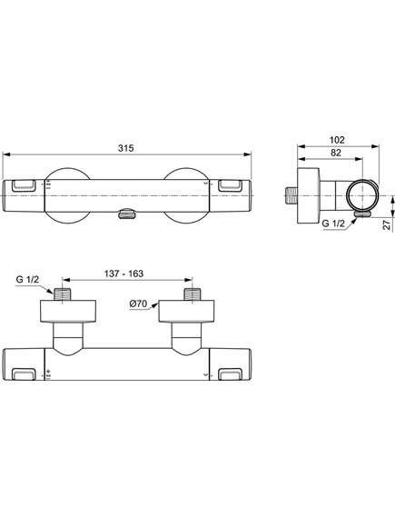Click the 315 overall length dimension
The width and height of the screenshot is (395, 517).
(x=126, y=148)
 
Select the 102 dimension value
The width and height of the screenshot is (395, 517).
(x=337, y=140)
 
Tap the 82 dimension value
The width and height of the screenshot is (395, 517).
(x=336, y=153)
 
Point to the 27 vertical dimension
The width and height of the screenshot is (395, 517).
(x=388, y=224)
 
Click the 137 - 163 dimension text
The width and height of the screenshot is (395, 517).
(x=123, y=273)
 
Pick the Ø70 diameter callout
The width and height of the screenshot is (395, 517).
(x=138, y=303)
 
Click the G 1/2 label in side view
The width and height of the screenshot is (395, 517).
(x=333, y=224)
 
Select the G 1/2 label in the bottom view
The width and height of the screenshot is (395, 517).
(x=27, y=279)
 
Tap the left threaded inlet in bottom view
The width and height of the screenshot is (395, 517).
(x=63, y=294)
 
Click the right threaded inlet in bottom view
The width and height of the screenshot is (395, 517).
(x=193, y=294)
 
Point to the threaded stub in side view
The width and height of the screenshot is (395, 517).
(x=291, y=196)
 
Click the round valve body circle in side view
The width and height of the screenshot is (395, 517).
(x=362, y=195)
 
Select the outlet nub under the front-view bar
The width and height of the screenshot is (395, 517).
(x=126, y=214)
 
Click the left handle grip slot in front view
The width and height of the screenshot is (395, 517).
(x=24, y=185)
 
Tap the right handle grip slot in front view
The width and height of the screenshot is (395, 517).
(x=231, y=185)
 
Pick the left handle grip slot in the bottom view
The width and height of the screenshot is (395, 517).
(x=24, y=374)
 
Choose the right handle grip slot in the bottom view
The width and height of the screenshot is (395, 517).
(x=231, y=374)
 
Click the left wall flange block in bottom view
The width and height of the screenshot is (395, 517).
(x=68, y=311)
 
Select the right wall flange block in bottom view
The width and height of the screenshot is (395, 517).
(x=186, y=311)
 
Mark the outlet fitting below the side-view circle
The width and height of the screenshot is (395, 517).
(x=362, y=214)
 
